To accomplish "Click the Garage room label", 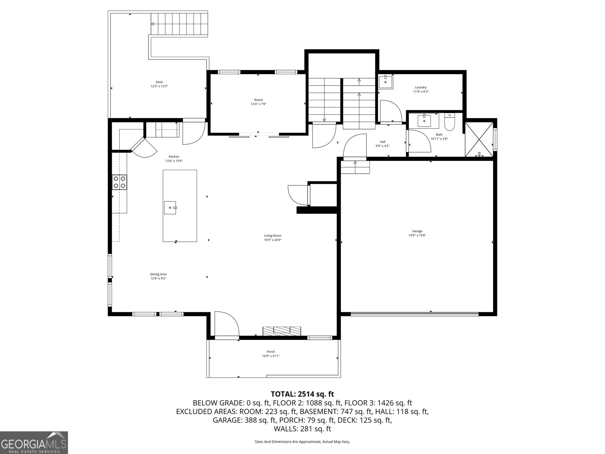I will (x=417, y=231).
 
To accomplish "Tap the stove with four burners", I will (x=119, y=182).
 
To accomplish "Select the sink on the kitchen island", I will (x=170, y=207).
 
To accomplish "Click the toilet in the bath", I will (x=450, y=122).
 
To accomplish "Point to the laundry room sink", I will (x=386, y=81).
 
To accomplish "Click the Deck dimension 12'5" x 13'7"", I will (x=159, y=86).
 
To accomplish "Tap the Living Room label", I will (x=273, y=236).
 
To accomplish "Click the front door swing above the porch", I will (x=226, y=324).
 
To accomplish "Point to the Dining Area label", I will (x=158, y=274).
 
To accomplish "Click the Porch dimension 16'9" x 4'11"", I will (x=271, y=356).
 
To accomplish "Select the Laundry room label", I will (x=421, y=87).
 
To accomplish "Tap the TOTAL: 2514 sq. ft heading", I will (x=302, y=394).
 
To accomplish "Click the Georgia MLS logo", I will (x=34, y=442).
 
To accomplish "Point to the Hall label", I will (x=382, y=142).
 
